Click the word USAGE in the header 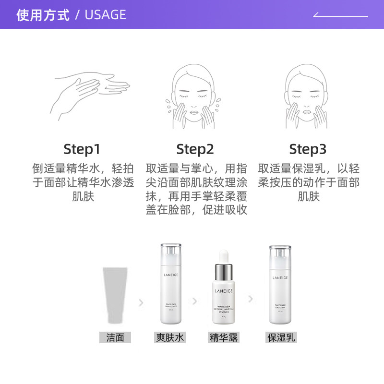(x=105, y=15)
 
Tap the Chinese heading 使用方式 (x=43, y=15)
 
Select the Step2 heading (x=195, y=149)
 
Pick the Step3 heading (x=308, y=149)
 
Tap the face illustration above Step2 (x=195, y=96)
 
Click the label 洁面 (x=115, y=337)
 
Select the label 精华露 (x=224, y=337)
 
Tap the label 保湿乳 (x=281, y=337)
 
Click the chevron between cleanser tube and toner (x=141, y=302)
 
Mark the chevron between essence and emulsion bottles (x=250, y=299)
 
